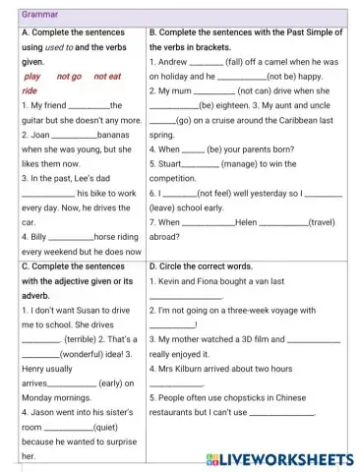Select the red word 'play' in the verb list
31,76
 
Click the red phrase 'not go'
70,76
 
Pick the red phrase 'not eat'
108,76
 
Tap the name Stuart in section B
170,163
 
